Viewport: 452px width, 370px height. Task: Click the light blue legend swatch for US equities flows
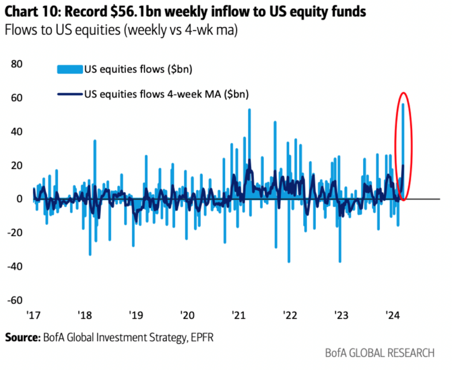(x=70, y=69)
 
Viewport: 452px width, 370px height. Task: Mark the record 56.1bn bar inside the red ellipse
(x=403, y=132)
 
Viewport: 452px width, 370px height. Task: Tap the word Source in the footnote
(x=21, y=338)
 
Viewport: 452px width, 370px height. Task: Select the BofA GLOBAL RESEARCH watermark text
(x=380, y=353)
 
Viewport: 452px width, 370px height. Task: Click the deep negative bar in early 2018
(x=90, y=238)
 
